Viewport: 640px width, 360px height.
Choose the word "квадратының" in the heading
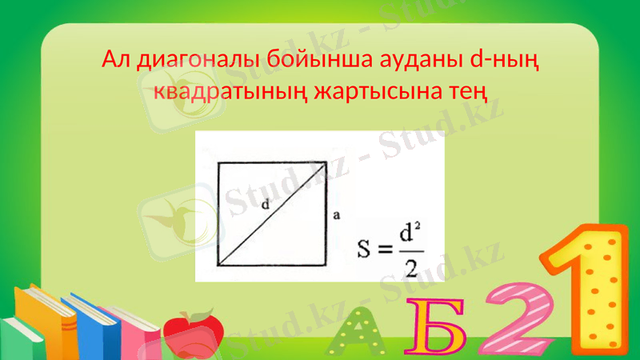213,91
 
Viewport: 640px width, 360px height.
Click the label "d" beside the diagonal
264,205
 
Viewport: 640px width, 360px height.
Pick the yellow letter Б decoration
435,328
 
